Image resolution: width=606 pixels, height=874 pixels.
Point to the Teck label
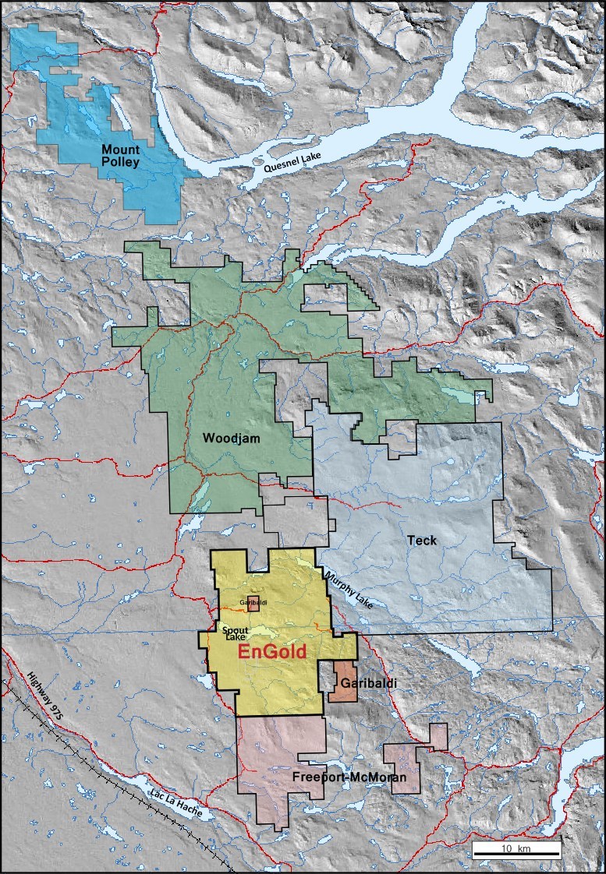(421, 540)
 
